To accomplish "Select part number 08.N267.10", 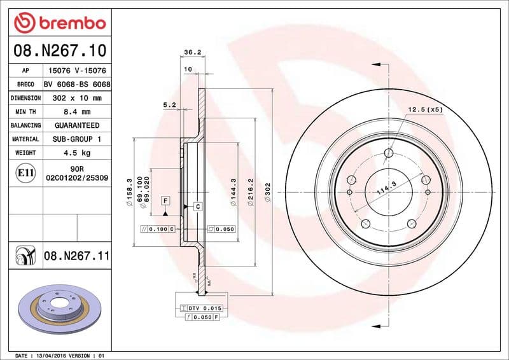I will [x=59, y=50].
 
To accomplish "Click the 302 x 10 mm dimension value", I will [x=78, y=99].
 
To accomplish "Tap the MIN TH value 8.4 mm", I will [x=78, y=112].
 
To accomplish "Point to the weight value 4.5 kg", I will [x=78, y=153].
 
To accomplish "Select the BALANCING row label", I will [x=25, y=125].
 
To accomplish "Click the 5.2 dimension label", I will [x=169, y=104].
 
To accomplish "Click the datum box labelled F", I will [x=165, y=201].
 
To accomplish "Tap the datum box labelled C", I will [x=198, y=207].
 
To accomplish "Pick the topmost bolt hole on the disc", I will [x=389, y=153].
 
